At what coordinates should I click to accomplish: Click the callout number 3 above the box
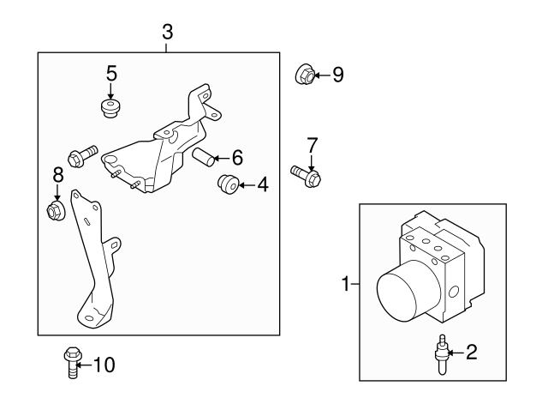167,33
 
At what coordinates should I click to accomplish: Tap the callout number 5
111,73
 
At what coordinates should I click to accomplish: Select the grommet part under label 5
110,108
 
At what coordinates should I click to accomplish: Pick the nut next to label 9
304,75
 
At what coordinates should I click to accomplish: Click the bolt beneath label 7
306,175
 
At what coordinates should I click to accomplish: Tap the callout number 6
237,157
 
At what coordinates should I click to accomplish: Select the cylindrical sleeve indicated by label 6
203,157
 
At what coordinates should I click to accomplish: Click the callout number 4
261,184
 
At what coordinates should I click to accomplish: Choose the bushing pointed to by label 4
228,184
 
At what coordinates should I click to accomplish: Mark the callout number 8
58,175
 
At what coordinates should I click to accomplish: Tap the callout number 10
103,365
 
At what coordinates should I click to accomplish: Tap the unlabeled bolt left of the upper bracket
81,155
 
